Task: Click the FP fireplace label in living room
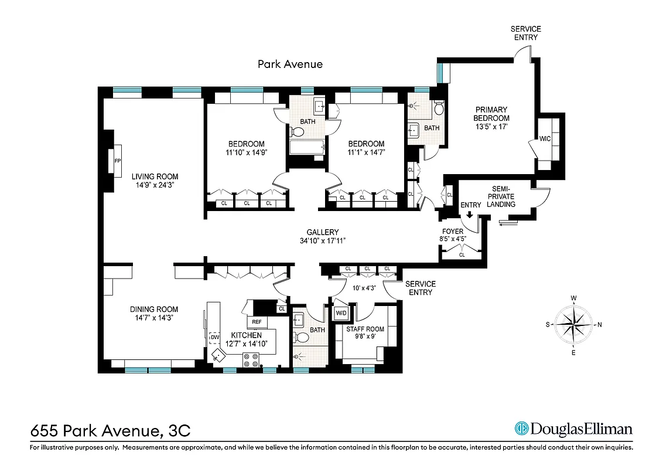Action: point(118,160)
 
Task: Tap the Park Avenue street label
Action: point(290,64)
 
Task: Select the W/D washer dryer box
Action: point(341,314)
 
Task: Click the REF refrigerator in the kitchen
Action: point(257,322)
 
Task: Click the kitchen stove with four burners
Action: point(252,360)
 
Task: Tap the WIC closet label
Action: point(545,139)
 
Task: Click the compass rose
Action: point(574,324)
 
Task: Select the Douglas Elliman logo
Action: point(573,429)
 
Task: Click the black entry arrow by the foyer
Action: point(470,215)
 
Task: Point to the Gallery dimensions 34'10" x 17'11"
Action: point(322,240)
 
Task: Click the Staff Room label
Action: point(365,333)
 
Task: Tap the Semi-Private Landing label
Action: point(502,197)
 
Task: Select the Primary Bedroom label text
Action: point(491,118)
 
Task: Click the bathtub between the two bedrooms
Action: point(306,147)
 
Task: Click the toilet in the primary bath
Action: point(439,108)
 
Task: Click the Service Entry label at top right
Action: point(525,33)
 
